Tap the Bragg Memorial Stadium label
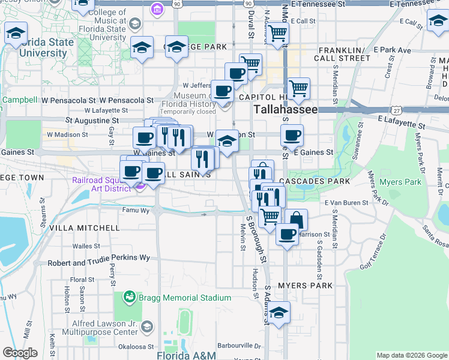tap(185, 298)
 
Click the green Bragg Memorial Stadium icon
tap(129, 297)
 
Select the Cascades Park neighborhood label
tap(318, 181)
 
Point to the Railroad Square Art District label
tap(101, 184)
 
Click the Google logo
tap(20, 353)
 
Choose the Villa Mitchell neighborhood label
tap(84, 228)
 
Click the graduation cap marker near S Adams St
tap(278, 313)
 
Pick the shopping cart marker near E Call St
tap(277, 34)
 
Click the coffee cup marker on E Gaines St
tap(292, 136)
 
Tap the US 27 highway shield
tap(395, 110)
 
